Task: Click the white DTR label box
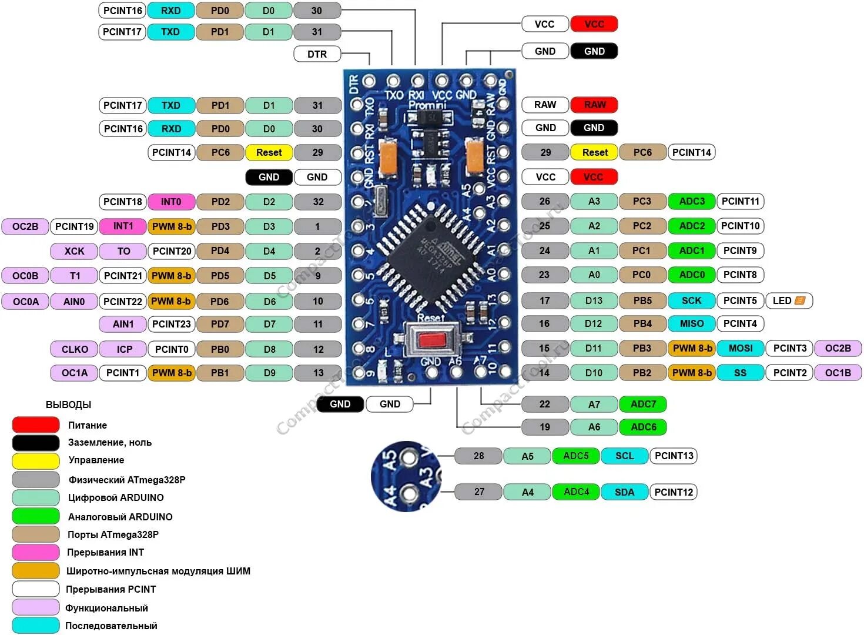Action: pyautogui.click(x=317, y=54)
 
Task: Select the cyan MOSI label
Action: pyautogui.click(x=741, y=348)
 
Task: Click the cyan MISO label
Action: pyautogui.click(x=692, y=323)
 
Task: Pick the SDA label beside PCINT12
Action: pyautogui.click(x=624, y=492)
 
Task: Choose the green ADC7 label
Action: pyautogui.click(x=643, y=404)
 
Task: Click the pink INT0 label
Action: pyautogui.click(x=171, y=202)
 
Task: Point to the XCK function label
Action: pyautogui.click(x=75, y=251)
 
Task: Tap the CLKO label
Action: pyautogui.click(x=75, y=349)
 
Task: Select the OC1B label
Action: pyautogui.click(x=838, y=373)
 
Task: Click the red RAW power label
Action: pyautogui.click(x=594, y=105)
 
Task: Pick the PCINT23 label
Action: pyautogui.click(x=172, y=324)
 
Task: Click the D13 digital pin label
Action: pyautogui.click(x=594, y=300)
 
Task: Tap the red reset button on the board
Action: pyautogui.click(x=433, y=340)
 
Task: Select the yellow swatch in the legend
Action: pyautogui.click(x=36, y=460)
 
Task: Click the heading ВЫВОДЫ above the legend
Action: pyautogui.click(x=69, y=405)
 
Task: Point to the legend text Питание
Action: pyautogui.click(x=88, y=425)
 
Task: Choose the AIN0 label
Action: pyautogui.click(x=74, y=302)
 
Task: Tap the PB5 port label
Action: pyautogui.click(x=642, y=300)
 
